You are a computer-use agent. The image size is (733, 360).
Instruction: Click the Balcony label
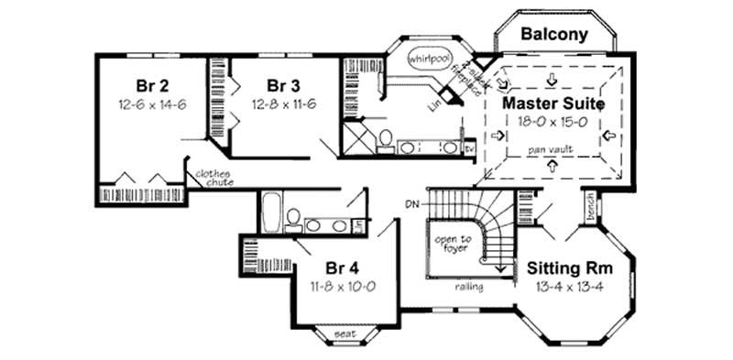point(553,35)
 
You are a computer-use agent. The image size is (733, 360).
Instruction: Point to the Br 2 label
point(151,86)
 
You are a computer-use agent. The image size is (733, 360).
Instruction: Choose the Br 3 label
point(274,86)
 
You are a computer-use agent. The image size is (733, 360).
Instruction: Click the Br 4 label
point(342,268)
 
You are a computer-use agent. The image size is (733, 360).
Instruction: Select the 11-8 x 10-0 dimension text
point(344,286)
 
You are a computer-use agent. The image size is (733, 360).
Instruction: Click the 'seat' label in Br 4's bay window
point(345,333)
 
